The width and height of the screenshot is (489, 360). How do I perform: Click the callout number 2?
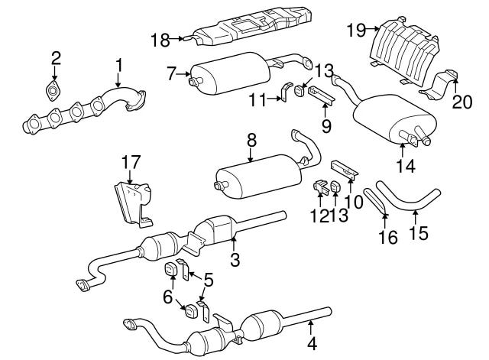coord(56,58)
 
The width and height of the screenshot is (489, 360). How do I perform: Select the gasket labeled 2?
coord(53,91)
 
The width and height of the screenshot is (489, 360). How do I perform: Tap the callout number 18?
coord(160,41)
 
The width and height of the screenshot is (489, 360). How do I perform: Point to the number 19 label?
coord(356,31)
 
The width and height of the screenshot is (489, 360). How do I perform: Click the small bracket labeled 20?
coord(440,86)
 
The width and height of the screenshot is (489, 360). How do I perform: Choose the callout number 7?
coord(172,74)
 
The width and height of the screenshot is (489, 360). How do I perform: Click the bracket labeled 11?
coord(285,92)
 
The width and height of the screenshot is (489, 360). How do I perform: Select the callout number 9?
coord(326,126)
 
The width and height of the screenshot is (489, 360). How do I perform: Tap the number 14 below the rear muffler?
coord(406,166)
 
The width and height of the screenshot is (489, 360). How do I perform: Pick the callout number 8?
coord(251,140)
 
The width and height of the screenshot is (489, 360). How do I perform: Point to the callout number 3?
coord(235,259)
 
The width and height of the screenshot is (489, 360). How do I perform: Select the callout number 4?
coord(312,344)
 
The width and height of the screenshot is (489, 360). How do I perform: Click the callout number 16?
coord(388,238)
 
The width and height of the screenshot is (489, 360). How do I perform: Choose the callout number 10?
coord(355,202)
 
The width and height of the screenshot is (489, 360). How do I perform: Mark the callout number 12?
coord(319,216)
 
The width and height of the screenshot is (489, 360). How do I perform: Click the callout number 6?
coord(167,297)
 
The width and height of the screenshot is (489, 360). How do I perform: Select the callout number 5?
coord(209,279)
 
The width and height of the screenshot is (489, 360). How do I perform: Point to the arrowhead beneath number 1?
coord(118,84)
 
